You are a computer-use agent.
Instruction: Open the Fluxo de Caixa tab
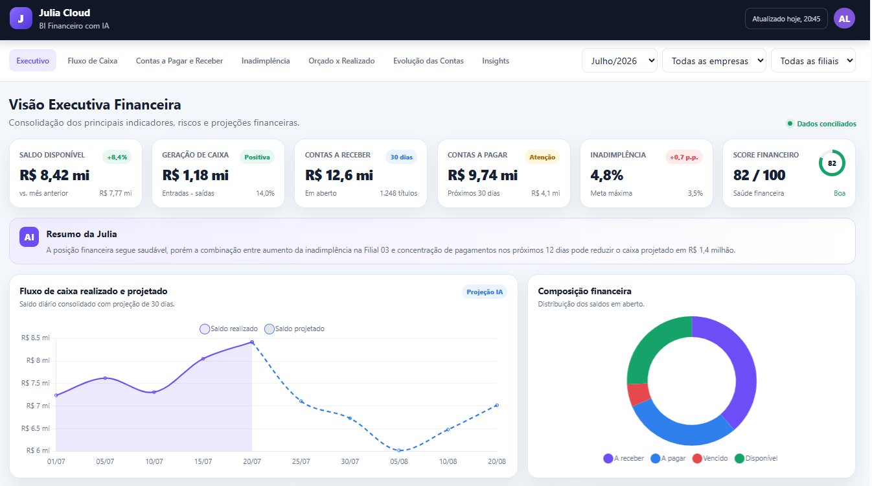pyautogui.click(x=92, y=61)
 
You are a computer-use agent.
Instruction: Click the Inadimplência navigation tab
pyautogui.click(x=266, y=61)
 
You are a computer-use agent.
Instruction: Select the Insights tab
pyautogui.click(x=495, y=61)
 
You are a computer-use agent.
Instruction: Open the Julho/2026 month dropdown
pyautogui.click(x=620, y=61)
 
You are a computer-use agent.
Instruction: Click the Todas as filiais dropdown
pyautogui.click(x=813, y=61)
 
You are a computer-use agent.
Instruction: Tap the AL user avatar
pyautogui.click(x=844, y=19)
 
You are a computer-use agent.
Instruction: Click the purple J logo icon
pyautogui.click(x=21, y=18)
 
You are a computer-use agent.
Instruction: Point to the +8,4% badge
pyautogui.click(x=117, y=157)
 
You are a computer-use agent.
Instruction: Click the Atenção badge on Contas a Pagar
pyautogui.click(x=542, y=157)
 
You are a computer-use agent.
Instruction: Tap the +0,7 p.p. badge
pyautogui.click(x=683, y=157)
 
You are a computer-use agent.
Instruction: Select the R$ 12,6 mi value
pyautogui.click(x=339, y=175)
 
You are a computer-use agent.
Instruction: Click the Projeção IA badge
pyautogui.click(x=485, y=292)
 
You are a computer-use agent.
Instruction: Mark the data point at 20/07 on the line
pyautogui.click(x=252, y=342)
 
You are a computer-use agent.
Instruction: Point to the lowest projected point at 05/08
pyautogui.click(x=399, y=450)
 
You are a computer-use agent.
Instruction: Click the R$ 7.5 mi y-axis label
pyautogui.click(x=36, y=383)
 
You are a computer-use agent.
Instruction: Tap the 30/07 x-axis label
pyautogui.click(x=350, y=461)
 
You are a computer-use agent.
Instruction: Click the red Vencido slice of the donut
pyautogui.click(x=637, y=395)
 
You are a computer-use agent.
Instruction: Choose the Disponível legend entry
pyautogui.click(x=756, y=458)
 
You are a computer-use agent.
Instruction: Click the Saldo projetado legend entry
pyautogui.click(x=294, y=329)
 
